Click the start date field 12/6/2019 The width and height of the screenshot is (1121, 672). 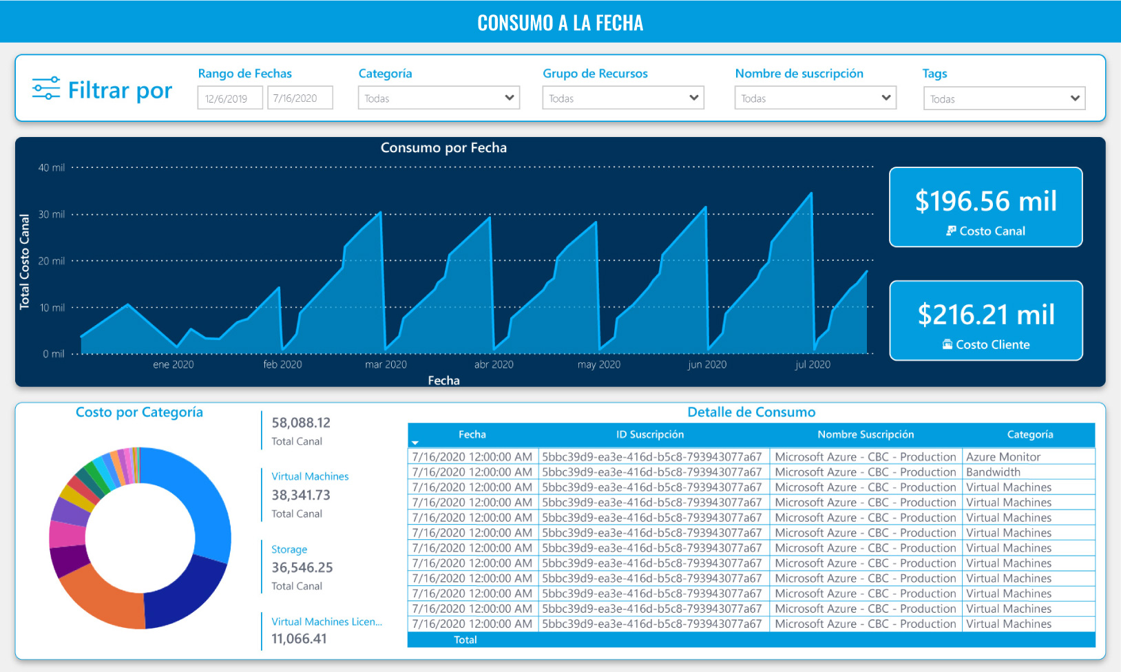pyautogui.click(x=229, y=98)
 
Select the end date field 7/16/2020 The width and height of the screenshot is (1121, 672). pyautogui.click(x=300, y=98)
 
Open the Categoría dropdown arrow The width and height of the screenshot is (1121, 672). pyautogui.click(x=510, y=98)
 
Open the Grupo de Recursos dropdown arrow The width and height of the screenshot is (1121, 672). pyautogui.click(x=693, y=98)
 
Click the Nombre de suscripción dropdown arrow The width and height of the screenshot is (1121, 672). pyautogui.click(x=886, y=98)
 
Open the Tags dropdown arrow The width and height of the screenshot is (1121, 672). pyautogui.click(x=1075, y=98)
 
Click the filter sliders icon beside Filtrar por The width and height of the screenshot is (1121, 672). pyautogui.click(x=46, y=89)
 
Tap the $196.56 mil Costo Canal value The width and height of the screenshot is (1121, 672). pyautogui.click(x=985, y=201)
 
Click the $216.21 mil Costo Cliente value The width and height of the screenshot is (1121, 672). pyautogui.click(x=985, y=315)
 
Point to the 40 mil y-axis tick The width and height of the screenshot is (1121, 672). pyautogui.click(x=52, y=167)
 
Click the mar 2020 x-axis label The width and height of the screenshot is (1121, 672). pyautogui.click(x=386, y=364)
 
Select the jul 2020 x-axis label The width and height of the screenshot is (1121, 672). pyautogui.click(x=813, y=364)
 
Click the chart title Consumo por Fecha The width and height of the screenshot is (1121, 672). pyautogui.click(x=443, y=147)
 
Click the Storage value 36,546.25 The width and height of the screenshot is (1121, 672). pyautogui.click(x=302, y=567)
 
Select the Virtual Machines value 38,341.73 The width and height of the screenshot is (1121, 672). pyautogui.click(x=300, y=495)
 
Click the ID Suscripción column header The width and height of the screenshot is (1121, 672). pyautogui.click(x=649, y=434)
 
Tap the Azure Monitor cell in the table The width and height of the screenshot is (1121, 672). pyautogui.click(x=1003, y=456)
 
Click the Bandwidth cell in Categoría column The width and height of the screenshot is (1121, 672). pyautogui.click(x=993, y=472)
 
